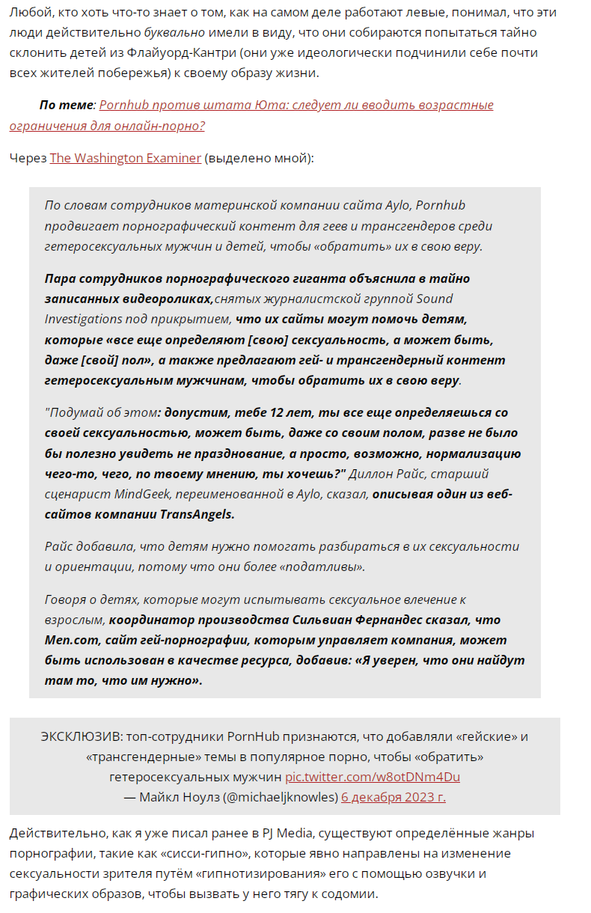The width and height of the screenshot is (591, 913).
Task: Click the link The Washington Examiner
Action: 125,158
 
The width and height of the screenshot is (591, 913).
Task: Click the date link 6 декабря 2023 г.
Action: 393,796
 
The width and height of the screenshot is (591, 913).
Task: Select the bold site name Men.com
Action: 73,640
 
